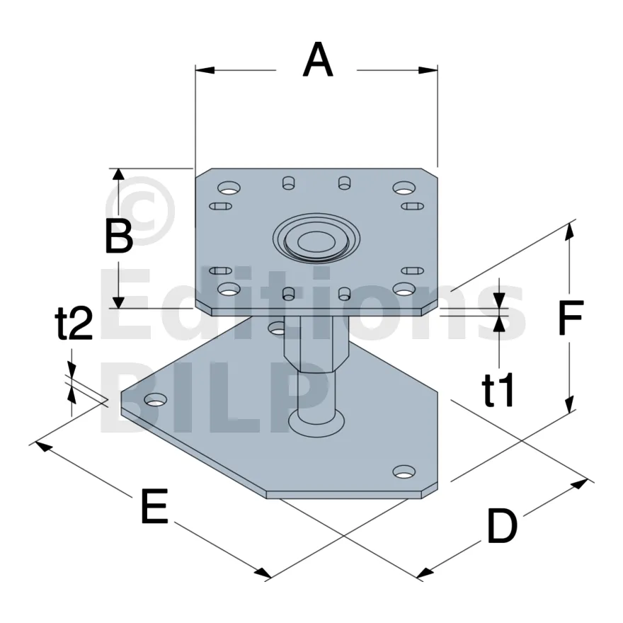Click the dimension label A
(x=318, y=60)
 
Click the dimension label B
(x=119, y=236)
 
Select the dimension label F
(x=570, y=317)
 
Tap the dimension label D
(x=502, y=527)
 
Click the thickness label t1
(x=498, y=391)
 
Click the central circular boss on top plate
(x=316, y=239)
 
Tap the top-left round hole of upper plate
(x=229, y=187)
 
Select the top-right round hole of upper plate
(x=404, y=187)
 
